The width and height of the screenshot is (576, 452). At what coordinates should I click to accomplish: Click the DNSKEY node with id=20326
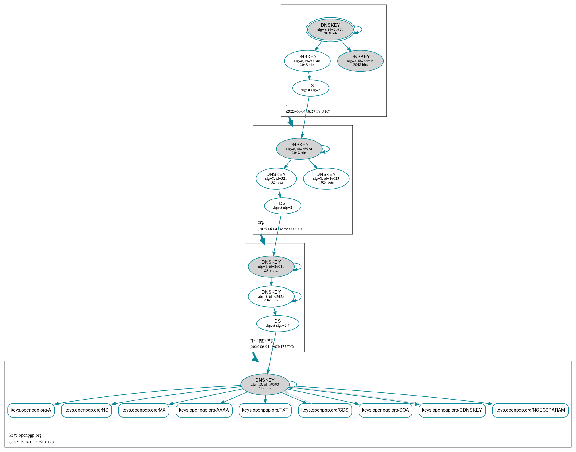[330, 29]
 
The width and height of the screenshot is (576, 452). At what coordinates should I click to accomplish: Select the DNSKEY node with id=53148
[307, 61]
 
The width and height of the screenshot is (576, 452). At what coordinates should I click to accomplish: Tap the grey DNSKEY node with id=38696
[360, 61]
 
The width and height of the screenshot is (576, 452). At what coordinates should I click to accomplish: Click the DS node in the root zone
[310, 88]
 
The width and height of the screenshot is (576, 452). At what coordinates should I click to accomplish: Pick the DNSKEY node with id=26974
[299, 149]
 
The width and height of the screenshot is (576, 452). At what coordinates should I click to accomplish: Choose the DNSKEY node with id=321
[276, 179]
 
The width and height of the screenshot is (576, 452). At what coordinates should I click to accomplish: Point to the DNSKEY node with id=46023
[326, 179]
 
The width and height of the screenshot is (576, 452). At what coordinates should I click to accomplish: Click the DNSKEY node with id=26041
[271, 267]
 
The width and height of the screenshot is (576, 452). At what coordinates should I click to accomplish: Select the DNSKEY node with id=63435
[271, 296]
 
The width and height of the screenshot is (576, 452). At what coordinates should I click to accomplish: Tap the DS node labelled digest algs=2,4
[277, 324]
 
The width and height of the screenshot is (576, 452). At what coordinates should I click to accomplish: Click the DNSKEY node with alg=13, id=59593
[265, 384]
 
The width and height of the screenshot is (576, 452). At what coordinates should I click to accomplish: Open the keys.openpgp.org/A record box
[31, 410]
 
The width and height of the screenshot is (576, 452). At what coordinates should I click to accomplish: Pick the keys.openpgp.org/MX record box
[143, 410]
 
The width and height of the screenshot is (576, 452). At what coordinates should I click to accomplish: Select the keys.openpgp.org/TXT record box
[265, 410]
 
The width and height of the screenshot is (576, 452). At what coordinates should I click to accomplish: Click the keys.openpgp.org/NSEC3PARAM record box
[530, 410]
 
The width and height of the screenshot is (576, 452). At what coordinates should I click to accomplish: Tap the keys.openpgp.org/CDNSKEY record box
[452, 410]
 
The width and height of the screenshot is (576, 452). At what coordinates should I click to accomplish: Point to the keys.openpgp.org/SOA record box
[385, 410]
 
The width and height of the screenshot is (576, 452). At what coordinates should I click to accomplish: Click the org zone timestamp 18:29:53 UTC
[280, 229]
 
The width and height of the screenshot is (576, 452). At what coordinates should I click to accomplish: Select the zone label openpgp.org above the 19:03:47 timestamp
[261, 340]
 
